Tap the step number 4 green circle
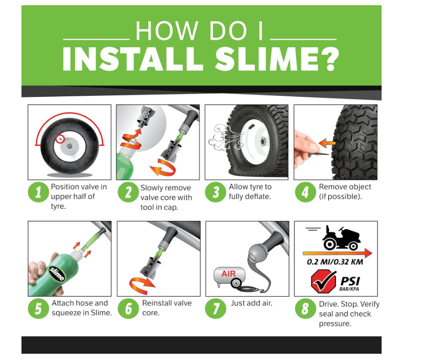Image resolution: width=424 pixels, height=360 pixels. [305, 192]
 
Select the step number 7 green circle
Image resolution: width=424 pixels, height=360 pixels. [216, 308]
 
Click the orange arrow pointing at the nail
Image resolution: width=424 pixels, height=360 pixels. [327, 142]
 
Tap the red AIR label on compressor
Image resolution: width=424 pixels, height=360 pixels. [228, 274]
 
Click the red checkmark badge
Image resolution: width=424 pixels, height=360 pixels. [323, 282]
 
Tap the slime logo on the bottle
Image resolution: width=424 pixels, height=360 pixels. [57, 273]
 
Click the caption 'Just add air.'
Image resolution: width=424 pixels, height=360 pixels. [252, 303]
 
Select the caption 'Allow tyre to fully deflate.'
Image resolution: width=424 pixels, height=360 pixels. [250, 192]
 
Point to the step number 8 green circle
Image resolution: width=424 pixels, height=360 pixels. [305, 308]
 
